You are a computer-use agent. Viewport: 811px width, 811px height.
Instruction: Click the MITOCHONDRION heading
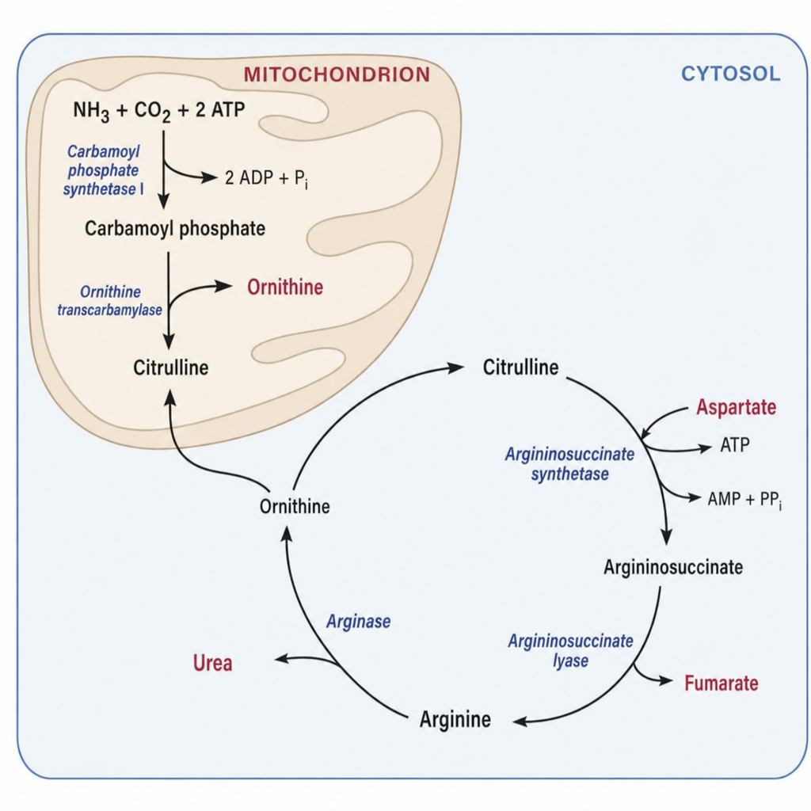click(337, 74)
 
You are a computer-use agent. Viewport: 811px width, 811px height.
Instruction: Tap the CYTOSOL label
click(730, 74)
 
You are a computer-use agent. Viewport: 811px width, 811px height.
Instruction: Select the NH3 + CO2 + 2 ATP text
click(158, 111)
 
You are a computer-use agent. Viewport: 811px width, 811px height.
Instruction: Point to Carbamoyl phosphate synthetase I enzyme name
click(104, 170)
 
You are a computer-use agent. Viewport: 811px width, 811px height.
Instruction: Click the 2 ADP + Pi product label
click(266, 178)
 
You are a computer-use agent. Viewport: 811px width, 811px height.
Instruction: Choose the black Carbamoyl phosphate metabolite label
click(175, 228)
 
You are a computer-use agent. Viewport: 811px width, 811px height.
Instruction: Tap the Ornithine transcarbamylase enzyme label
click(109, 300)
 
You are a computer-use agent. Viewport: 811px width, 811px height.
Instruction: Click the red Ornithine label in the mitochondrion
click(285, 287)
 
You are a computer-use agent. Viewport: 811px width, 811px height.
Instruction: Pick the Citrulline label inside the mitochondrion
click(171, 367)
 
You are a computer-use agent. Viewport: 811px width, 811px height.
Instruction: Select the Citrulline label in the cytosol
click(520, 367)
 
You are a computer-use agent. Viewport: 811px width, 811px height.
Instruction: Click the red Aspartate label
click(736, 407)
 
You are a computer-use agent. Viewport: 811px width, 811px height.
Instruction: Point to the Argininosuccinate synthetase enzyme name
click(569, 464)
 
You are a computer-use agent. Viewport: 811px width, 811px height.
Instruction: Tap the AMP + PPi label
click(744, 500)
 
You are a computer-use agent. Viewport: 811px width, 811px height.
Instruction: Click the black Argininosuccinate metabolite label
click(673, 567)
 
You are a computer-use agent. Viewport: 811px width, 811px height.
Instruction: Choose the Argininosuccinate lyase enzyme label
click(570, 651)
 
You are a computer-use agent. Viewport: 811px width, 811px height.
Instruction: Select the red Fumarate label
click(721, 683)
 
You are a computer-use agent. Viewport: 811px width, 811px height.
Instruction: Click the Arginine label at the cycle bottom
click(455, 719)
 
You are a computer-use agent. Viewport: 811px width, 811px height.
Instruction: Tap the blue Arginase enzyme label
click(359, 622)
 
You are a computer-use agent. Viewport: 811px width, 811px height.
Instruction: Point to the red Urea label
click(212, 663)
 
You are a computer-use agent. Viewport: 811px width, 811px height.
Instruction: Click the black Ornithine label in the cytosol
click(295, 506)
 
